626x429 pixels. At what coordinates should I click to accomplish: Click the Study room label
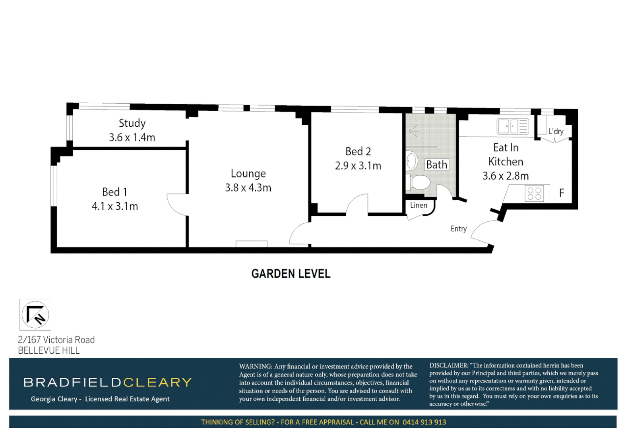pos(132,123)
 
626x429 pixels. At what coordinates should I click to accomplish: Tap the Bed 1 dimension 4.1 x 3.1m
pos(115,206)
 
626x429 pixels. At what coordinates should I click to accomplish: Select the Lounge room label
pos(248,174)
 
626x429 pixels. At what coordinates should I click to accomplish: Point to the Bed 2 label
pos(358,151)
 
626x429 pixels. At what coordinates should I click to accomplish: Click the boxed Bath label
pos(436,164)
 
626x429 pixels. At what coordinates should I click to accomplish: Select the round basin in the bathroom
pos(411,161)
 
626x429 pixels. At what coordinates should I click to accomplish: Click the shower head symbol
pos(413,131)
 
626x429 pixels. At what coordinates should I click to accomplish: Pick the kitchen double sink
pos(512,127)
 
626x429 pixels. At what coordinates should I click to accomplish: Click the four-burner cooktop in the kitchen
pos(534,193)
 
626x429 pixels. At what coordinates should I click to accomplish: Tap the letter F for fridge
pos(561,193)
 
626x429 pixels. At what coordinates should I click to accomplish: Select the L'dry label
pos(556,131)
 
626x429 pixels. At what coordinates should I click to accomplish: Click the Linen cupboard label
pos(419,205)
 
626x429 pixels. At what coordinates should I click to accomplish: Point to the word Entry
pos(458,229)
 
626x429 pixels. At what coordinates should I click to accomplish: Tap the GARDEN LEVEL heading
pos(291,274)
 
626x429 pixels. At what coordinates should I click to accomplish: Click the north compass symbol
pos(35,315)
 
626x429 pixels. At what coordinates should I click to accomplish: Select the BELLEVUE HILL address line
pos(49,350)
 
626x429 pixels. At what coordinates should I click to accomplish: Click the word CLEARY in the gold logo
pos(157,382)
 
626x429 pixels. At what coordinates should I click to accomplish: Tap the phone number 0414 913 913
pos(424,422)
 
